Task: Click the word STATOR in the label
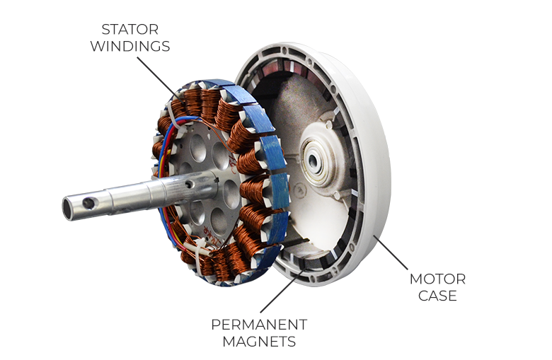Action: click(x=130, y=30)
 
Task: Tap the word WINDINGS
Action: click(x=130, y=47)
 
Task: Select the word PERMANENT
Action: click(x=259, y=325)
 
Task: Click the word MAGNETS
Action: click(x=259, y=342)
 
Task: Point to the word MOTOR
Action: click(x=437, y=279)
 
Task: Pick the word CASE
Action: click(x=437, y=296)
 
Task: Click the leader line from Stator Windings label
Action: click(x=159, y=80)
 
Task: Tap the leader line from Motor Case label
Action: click(x=391, y=252)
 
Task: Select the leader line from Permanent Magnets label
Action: click(x=282, y=290)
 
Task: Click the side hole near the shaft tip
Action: click(x=88, y=202)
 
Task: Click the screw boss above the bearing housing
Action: click(x=329, y=124)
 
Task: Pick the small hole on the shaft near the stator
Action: click(x=190, y=185)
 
